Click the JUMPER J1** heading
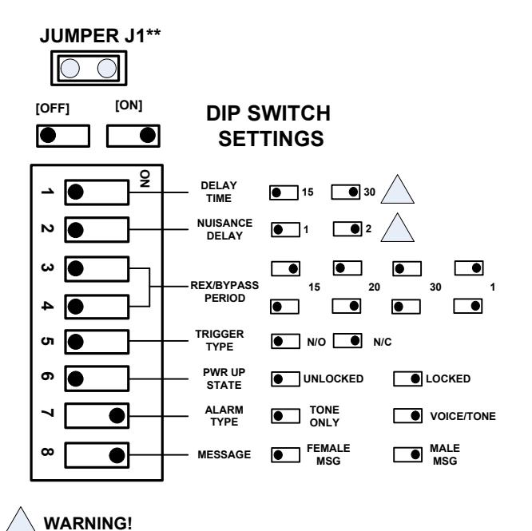click(x=100, y=36)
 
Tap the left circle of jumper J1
click(x=70, y=68)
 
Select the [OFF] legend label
click(x=53, y=109)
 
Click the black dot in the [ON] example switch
click(x=148, y=135)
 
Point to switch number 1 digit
click(x=47, y=192)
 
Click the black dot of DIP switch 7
click(x=117, y=416)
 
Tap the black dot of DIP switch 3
click(x=75, y=268)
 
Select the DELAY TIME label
click(x=219, y=192)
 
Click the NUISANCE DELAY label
click(x=224, y=229)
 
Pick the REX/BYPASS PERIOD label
click(x=224, y=291)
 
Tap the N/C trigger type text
click(x=383, y=342)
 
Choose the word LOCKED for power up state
click(x=448, y=378)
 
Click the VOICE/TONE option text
click(x=463, y=416)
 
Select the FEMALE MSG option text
click(x=328, y=454)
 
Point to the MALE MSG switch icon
click(x=408, y=454)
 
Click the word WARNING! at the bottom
click(x=88, y=523)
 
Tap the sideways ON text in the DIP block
click(x=145, y=179)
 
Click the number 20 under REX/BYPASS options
click(x=374, y=287)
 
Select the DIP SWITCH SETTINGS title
click(x=268, y=126)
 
